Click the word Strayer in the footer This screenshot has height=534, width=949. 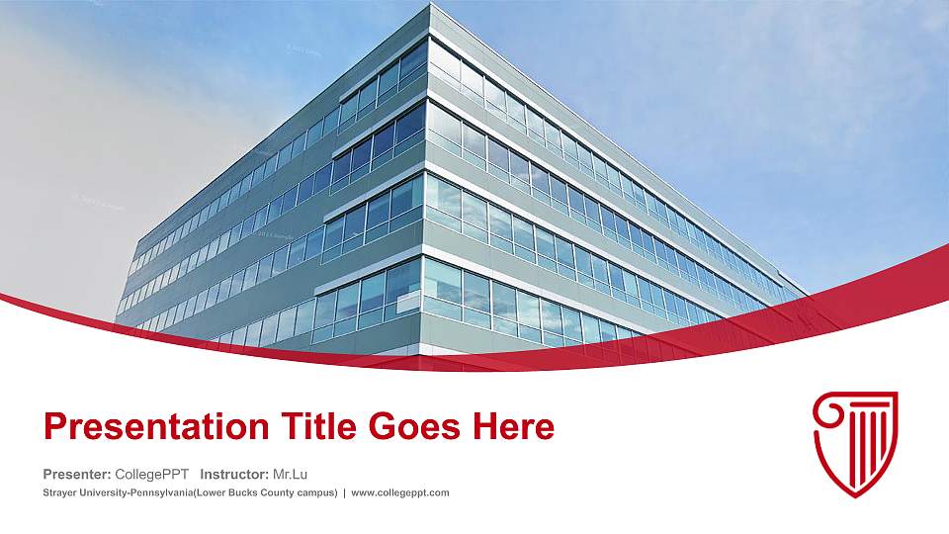tap(60, 492)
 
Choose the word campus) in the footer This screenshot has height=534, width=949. tap(317, 492)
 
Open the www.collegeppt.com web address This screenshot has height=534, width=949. tap(400, 492)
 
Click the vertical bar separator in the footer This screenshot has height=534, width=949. tap(344, 492)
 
